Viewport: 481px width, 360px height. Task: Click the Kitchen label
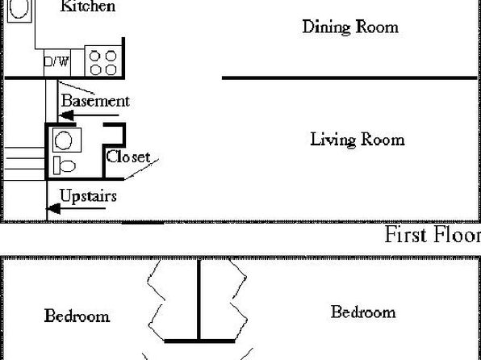[88, 6]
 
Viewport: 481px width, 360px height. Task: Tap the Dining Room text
[350, 27]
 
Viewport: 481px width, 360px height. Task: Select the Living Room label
[358, 140]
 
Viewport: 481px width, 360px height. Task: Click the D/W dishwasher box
[57, 63]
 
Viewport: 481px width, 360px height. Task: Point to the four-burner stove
[103, 61]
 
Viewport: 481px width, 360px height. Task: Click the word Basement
[95, 101]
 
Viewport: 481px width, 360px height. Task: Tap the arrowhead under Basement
[66, 115]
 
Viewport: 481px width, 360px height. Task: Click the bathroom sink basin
[64, 140]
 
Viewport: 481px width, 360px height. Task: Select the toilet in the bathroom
[65, 165]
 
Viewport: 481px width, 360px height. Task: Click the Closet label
[128, 157]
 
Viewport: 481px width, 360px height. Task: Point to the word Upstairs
[88, 196]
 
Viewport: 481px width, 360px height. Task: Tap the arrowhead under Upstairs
[54, 209]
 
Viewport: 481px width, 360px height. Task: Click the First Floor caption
[433, 235]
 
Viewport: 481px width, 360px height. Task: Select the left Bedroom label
[77, 316]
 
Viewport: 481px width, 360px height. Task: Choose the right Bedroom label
[363, 312]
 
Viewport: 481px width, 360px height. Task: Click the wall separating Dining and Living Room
[349, 78]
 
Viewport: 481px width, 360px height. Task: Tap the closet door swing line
[142, 170]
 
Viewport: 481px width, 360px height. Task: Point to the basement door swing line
[76, 88]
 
